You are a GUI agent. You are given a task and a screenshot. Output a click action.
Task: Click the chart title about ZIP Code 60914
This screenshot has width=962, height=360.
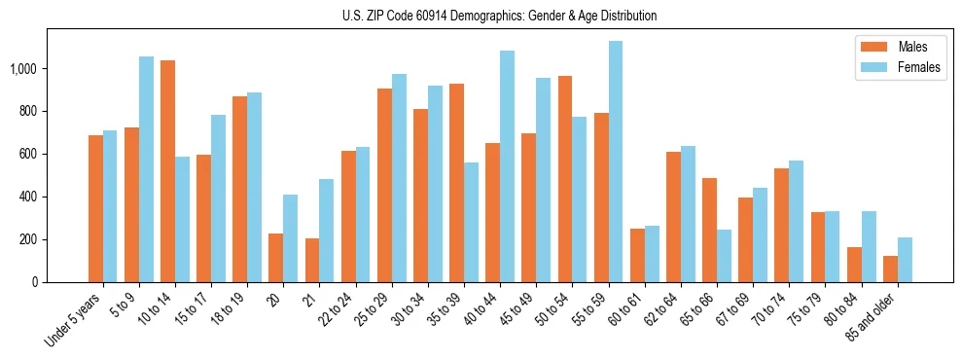[500, 16]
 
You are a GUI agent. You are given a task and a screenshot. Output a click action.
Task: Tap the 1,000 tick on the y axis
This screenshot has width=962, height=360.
[23, 69]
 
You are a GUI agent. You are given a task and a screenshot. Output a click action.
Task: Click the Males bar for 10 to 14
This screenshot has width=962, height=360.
[167, 171]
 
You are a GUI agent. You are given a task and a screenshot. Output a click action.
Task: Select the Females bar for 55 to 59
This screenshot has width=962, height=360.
[616, 162]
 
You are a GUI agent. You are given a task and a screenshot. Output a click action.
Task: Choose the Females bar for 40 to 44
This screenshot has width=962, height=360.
[507, 166]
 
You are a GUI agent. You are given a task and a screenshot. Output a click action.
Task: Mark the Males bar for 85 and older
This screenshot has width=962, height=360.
[890, 269]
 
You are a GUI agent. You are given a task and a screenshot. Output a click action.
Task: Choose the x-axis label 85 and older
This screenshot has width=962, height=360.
[870, 321]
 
